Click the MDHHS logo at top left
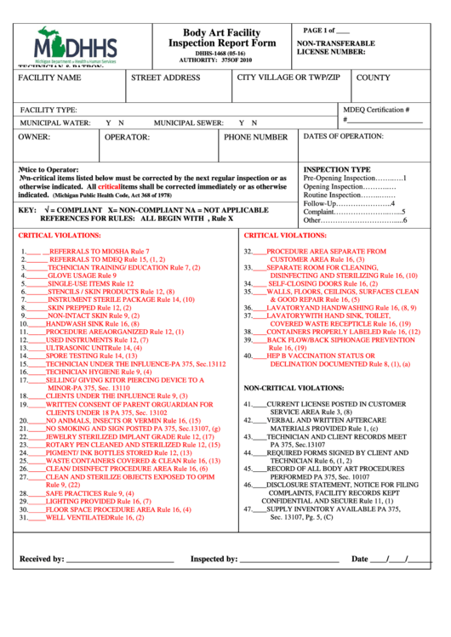77,45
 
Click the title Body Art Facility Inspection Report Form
222,37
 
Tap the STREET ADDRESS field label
166,77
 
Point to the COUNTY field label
373,77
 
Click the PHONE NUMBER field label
255,137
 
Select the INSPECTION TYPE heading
337,169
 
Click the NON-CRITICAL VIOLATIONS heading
294,387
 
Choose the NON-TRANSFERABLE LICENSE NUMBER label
335,47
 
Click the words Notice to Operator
49,169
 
